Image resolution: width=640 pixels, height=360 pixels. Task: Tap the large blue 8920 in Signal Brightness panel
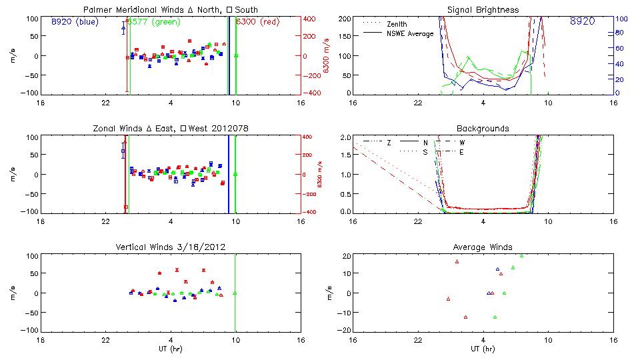(583, 22)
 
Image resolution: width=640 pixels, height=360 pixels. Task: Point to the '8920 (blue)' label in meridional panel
(75, 22)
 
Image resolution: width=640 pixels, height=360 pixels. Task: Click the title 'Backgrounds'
(483, 129)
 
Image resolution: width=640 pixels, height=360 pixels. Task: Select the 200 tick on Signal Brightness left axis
(342, 19)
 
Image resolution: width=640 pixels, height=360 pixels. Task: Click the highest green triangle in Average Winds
(521, 255)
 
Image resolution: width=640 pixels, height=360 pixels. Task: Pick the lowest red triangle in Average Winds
(465, 317)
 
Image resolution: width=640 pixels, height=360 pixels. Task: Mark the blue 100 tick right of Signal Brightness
(622, 19)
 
